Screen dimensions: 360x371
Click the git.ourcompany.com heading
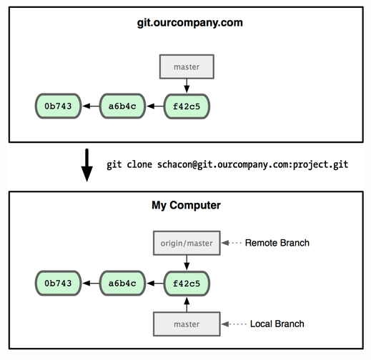[190, 23]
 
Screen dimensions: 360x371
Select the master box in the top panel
[186, 67]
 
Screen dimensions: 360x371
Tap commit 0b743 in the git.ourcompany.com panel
[57, 106]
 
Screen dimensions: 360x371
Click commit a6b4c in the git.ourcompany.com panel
[122, 106]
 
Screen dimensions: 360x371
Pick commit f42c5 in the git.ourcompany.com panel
[186, 106]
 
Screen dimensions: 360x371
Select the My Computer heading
[186, 205]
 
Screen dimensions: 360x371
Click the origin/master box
[186, 244]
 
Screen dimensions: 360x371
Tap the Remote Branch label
[277, 244]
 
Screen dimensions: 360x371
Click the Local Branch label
[277, 324]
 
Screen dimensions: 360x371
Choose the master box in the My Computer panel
[186, 324]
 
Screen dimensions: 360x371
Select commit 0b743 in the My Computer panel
[57, 284]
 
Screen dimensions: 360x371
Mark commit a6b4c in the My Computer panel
[122, 284]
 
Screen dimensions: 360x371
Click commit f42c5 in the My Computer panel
[186, 284]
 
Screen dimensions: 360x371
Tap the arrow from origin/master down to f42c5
[186, 262]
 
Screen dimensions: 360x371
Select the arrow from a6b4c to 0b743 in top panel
[89, 106]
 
